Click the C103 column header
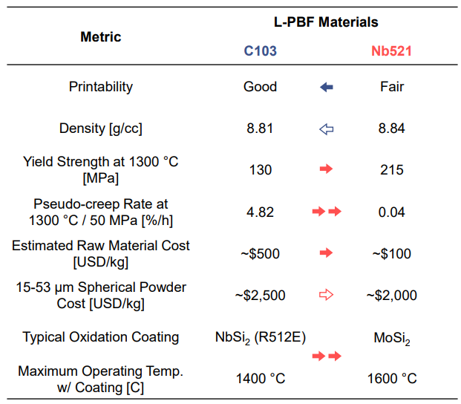[261, 51]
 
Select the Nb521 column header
[391, 51]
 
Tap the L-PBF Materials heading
[326, 22]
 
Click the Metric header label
[101, 36]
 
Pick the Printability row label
[101, 87]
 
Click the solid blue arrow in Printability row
[326, 88]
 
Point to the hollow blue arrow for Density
[326, 129]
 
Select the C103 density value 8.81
[261, 128]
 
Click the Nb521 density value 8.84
[391, 128]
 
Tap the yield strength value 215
[391, 170]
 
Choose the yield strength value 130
[261, 170]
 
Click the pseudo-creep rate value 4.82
[261, 212]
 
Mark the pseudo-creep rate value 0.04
[391, 212]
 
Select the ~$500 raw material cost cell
[261, 253]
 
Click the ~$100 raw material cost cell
[391, 253]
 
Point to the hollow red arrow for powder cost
[326, 295]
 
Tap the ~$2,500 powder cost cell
[261, 295]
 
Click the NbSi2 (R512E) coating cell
[261, 337]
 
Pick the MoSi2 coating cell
[391, 338]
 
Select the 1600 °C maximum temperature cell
[391, 379]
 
